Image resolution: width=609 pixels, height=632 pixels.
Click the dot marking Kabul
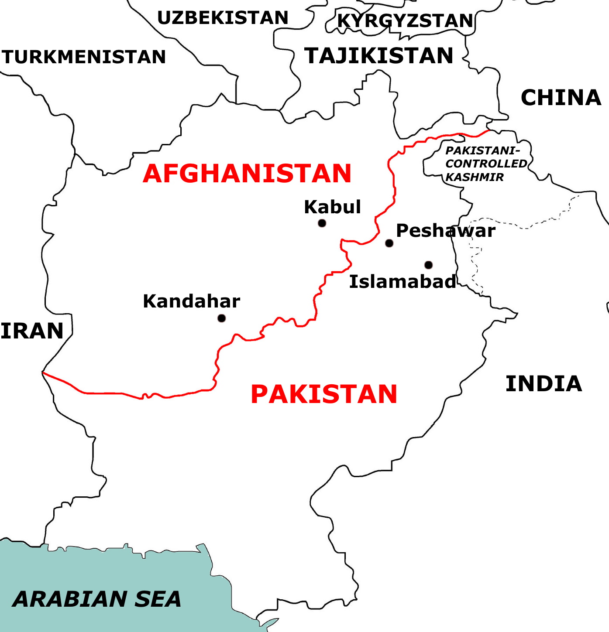(x=322, y=223)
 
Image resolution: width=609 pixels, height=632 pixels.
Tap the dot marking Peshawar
(x=389, y=243)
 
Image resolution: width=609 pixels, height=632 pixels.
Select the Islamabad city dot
(x=428, y=265)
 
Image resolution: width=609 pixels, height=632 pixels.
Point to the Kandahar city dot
(x=221, y=318)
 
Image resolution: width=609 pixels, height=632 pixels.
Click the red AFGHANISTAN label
(x=247, y=174)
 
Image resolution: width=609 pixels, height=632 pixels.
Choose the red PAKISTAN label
(x=324, y=394)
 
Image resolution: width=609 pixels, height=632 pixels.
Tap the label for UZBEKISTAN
(x=223, y=18)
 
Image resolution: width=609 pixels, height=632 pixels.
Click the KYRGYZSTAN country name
(x=405, y=20)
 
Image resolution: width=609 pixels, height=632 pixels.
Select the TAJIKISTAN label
(x=379, y=56)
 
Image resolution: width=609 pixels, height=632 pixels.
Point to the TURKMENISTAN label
(x=83, y=57)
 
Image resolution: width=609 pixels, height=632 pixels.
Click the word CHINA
(x=561, y=98)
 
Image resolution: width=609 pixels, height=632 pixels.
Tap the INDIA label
(x=544, y=384)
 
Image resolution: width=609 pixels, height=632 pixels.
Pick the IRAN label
(x=32, y=331)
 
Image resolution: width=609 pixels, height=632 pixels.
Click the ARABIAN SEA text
(x=97, y=599)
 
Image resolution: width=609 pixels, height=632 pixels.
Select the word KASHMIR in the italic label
(x=475, y=177)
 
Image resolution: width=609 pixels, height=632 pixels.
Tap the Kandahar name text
(x=191, y=301)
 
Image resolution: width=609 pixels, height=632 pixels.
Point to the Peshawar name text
(x=445, y=231)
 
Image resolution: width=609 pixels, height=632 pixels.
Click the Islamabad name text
(x=403, y=282)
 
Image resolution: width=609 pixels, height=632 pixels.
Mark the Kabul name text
(x=332, y=207)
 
